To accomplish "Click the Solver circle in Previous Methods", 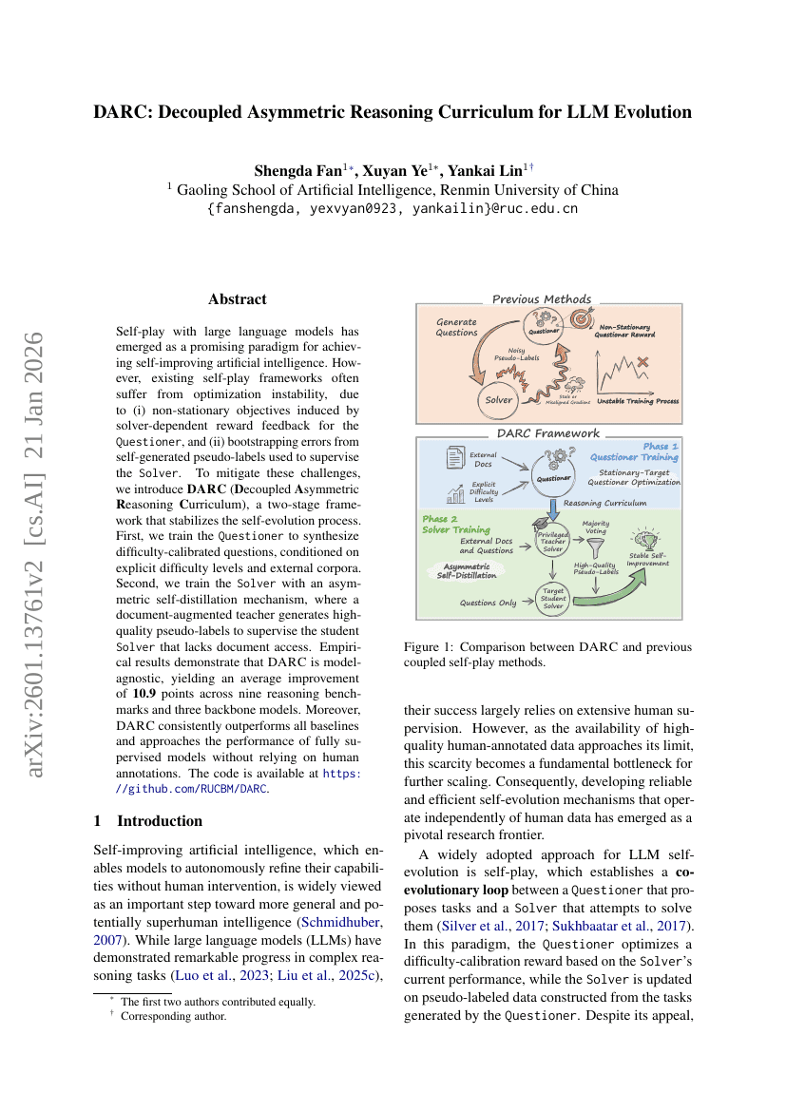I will coord(499,400).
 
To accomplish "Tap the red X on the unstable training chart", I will coord(642,361).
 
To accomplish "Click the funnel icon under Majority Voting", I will coord(595,548).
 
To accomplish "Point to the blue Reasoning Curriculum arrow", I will coord(552,514).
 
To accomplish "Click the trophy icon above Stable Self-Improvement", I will coord(649,539).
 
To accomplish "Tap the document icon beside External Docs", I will coord(454,459).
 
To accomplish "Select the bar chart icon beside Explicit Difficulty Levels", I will coord(453,493).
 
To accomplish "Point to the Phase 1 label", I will coord(661,446).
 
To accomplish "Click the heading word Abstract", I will coord(238,299).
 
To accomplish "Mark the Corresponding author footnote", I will coord(173,1016).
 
